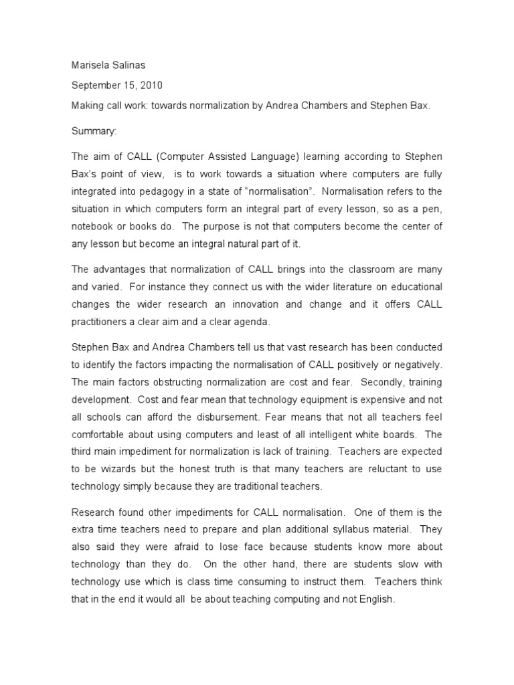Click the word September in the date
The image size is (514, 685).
click(x=97, y=86)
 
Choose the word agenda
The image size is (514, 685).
click(x=248, y=321)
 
